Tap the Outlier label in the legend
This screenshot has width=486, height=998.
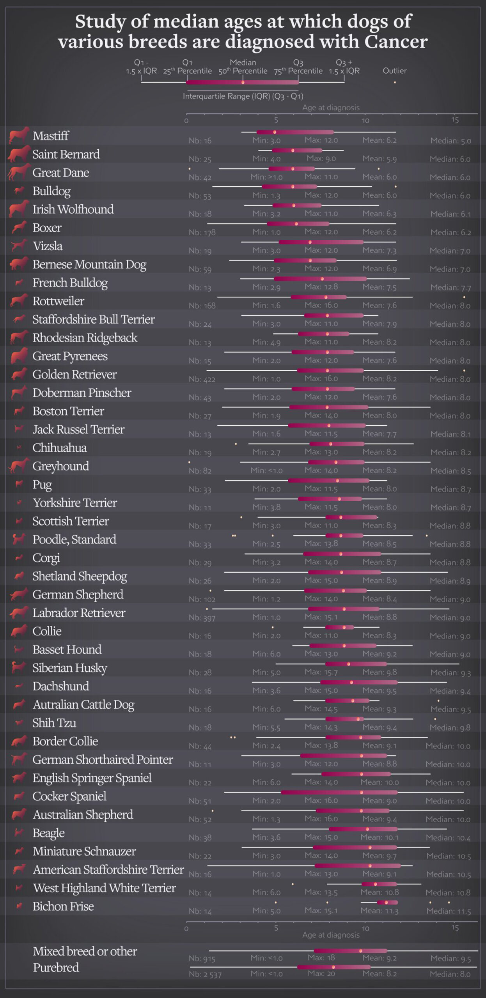(394, 71)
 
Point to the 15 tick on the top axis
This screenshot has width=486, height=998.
(455, 120)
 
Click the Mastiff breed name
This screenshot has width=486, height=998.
(51, 136)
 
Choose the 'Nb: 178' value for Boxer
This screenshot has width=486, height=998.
(202, 232)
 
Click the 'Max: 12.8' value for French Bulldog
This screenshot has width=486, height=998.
(321, 287)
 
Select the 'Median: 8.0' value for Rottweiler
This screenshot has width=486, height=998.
(450, 306)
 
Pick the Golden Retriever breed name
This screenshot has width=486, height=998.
(74, 374)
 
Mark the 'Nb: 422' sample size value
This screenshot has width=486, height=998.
(202, 379)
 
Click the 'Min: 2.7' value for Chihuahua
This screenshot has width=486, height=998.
(266, 452)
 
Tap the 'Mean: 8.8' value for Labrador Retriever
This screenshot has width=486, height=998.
(380, 617)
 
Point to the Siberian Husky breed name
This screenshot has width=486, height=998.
(69, 668)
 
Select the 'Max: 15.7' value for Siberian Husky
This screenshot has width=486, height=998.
(321, 672)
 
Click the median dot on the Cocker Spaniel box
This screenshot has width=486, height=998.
(362, 792)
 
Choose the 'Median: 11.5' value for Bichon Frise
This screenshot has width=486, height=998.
(449, 911)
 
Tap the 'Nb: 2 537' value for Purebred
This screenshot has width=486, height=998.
(205, 974)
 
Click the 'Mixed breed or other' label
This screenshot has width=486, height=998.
(85, 951)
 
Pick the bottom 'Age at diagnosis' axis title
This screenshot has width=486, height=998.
(331, 935)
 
